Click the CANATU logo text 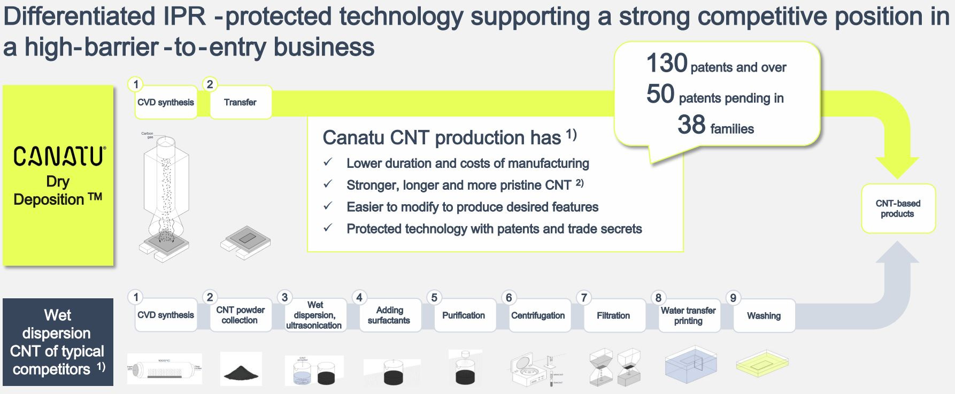point(59,156)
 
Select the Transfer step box point(240,103)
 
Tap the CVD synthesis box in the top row point(165,103)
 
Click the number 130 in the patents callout point(666,64)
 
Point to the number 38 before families point(691,125)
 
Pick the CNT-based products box point(898,208)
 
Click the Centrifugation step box point(538,315)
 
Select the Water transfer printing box point(688,315)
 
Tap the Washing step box point(764,315)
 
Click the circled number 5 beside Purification point(434,298)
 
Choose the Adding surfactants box point(389,315)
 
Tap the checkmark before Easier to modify point(328,206)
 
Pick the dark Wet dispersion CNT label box point(58,342)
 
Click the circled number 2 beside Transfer point(210,84)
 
